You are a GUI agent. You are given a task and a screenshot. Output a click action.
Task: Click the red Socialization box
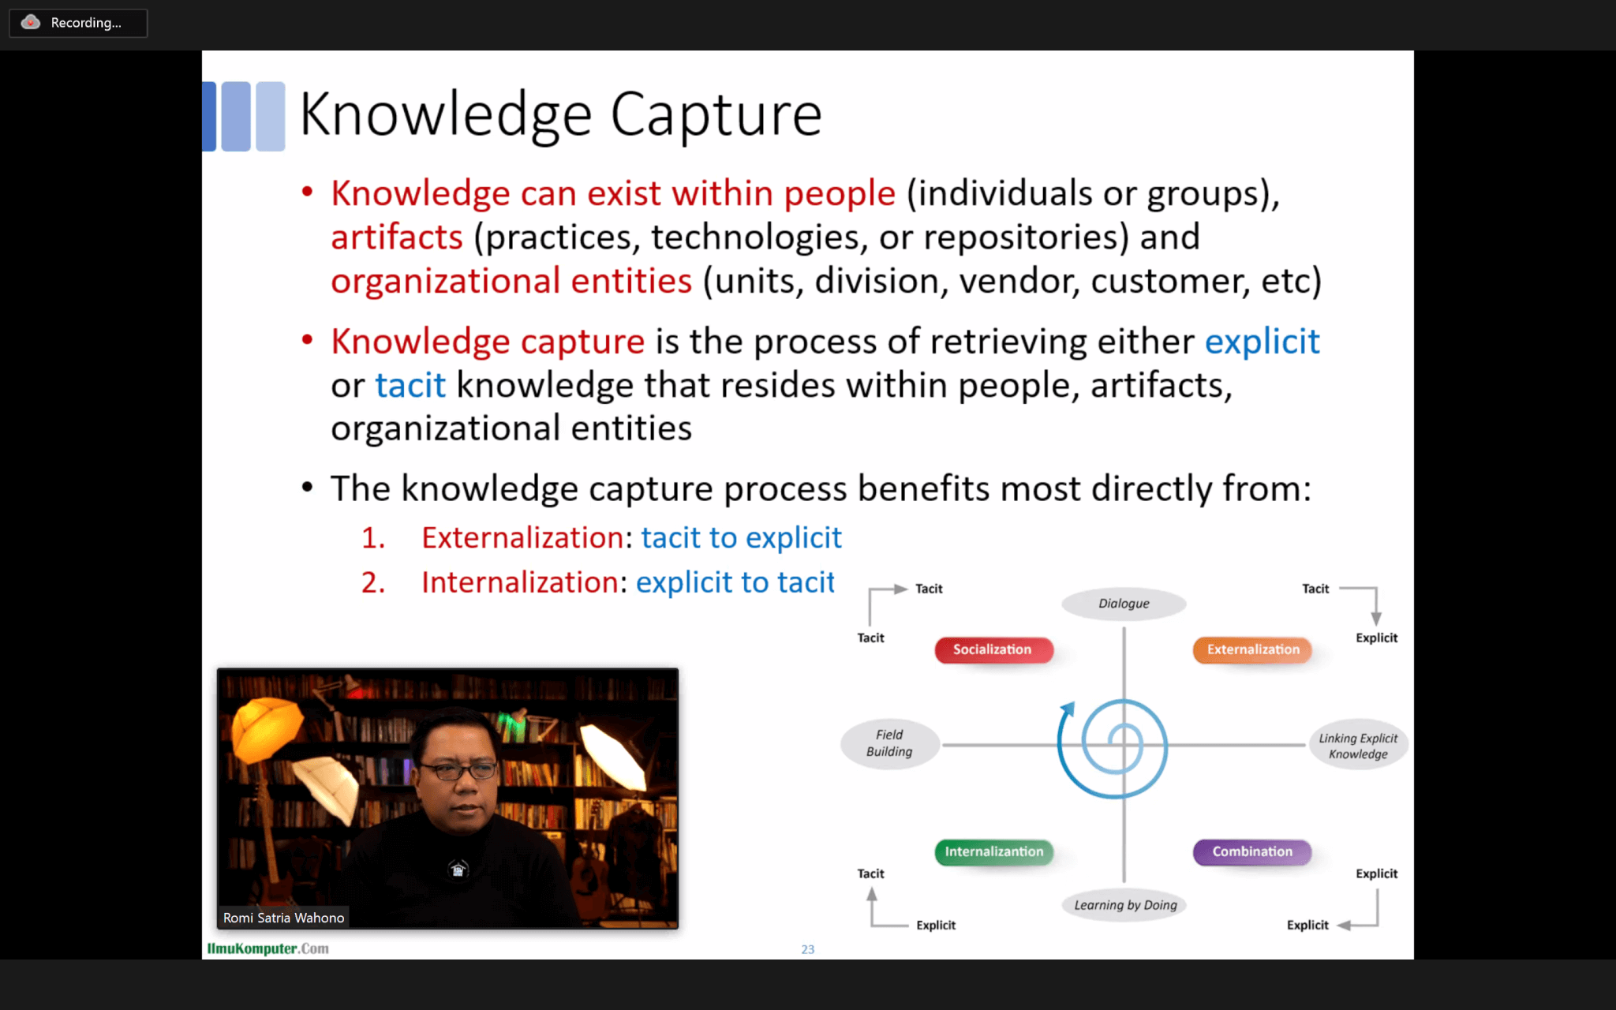pos(993,649)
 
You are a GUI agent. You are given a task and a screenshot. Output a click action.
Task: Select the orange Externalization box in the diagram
pos(1252,649)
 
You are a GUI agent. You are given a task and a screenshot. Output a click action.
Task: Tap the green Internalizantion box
pos(993,851)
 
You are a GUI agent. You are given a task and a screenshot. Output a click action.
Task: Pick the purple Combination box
pos(1252,851)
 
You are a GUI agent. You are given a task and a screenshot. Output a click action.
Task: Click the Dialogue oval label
pos(1124,604)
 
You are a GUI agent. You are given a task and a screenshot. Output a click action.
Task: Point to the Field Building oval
pos(889,743)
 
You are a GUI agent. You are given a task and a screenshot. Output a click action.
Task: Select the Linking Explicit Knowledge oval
pos(1358,746)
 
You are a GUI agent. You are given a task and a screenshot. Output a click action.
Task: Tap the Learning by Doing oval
pos(1125,905)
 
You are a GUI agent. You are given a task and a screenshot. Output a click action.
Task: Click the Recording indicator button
pos(78,23)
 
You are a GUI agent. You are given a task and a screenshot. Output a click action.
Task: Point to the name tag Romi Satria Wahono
pos(283,918)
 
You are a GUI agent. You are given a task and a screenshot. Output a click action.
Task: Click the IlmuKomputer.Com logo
pos(267,948)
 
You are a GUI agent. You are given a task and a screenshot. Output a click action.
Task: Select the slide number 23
pos(808,949)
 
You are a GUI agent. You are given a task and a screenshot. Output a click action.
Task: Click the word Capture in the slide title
pos(716,115)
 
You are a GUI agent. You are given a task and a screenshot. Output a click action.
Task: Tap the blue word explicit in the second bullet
pos(1262,342)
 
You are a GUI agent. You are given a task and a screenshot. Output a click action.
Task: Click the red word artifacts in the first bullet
pos(397,238)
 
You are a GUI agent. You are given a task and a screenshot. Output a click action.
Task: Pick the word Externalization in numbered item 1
pos(523,537)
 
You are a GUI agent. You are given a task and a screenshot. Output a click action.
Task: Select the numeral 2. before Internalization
pos(373,582)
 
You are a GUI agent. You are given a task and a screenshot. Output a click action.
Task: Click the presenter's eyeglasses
pos(458,769)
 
